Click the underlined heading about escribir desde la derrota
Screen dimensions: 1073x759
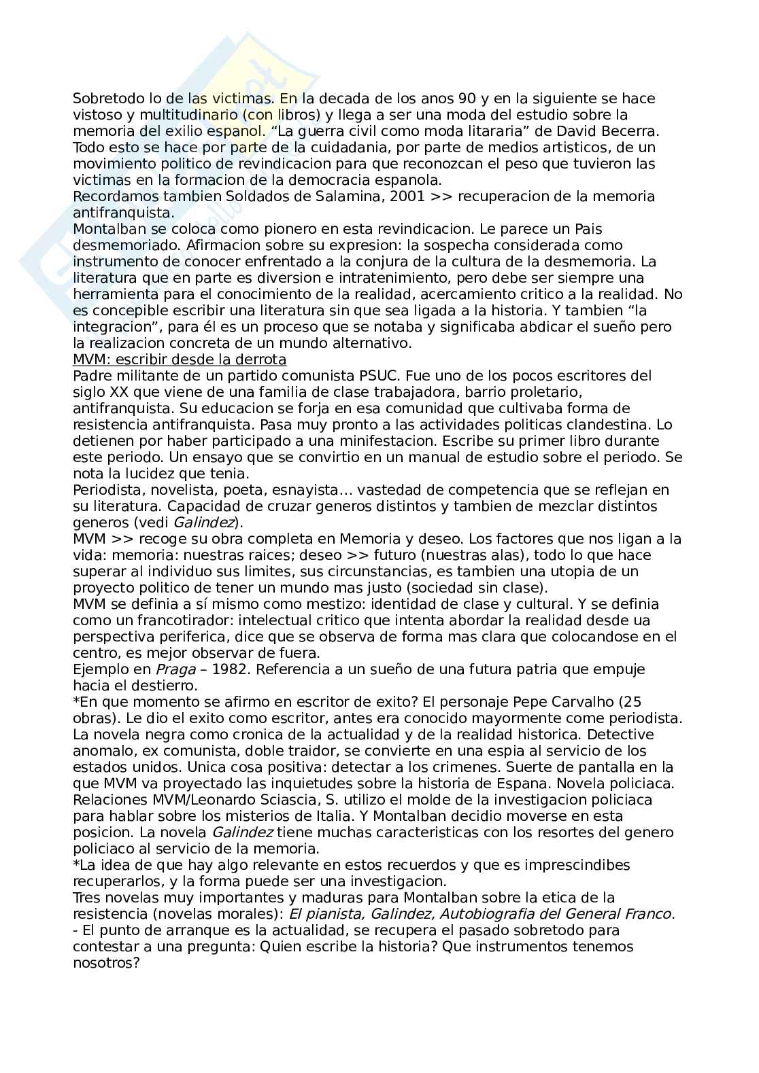tap(180, 359)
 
